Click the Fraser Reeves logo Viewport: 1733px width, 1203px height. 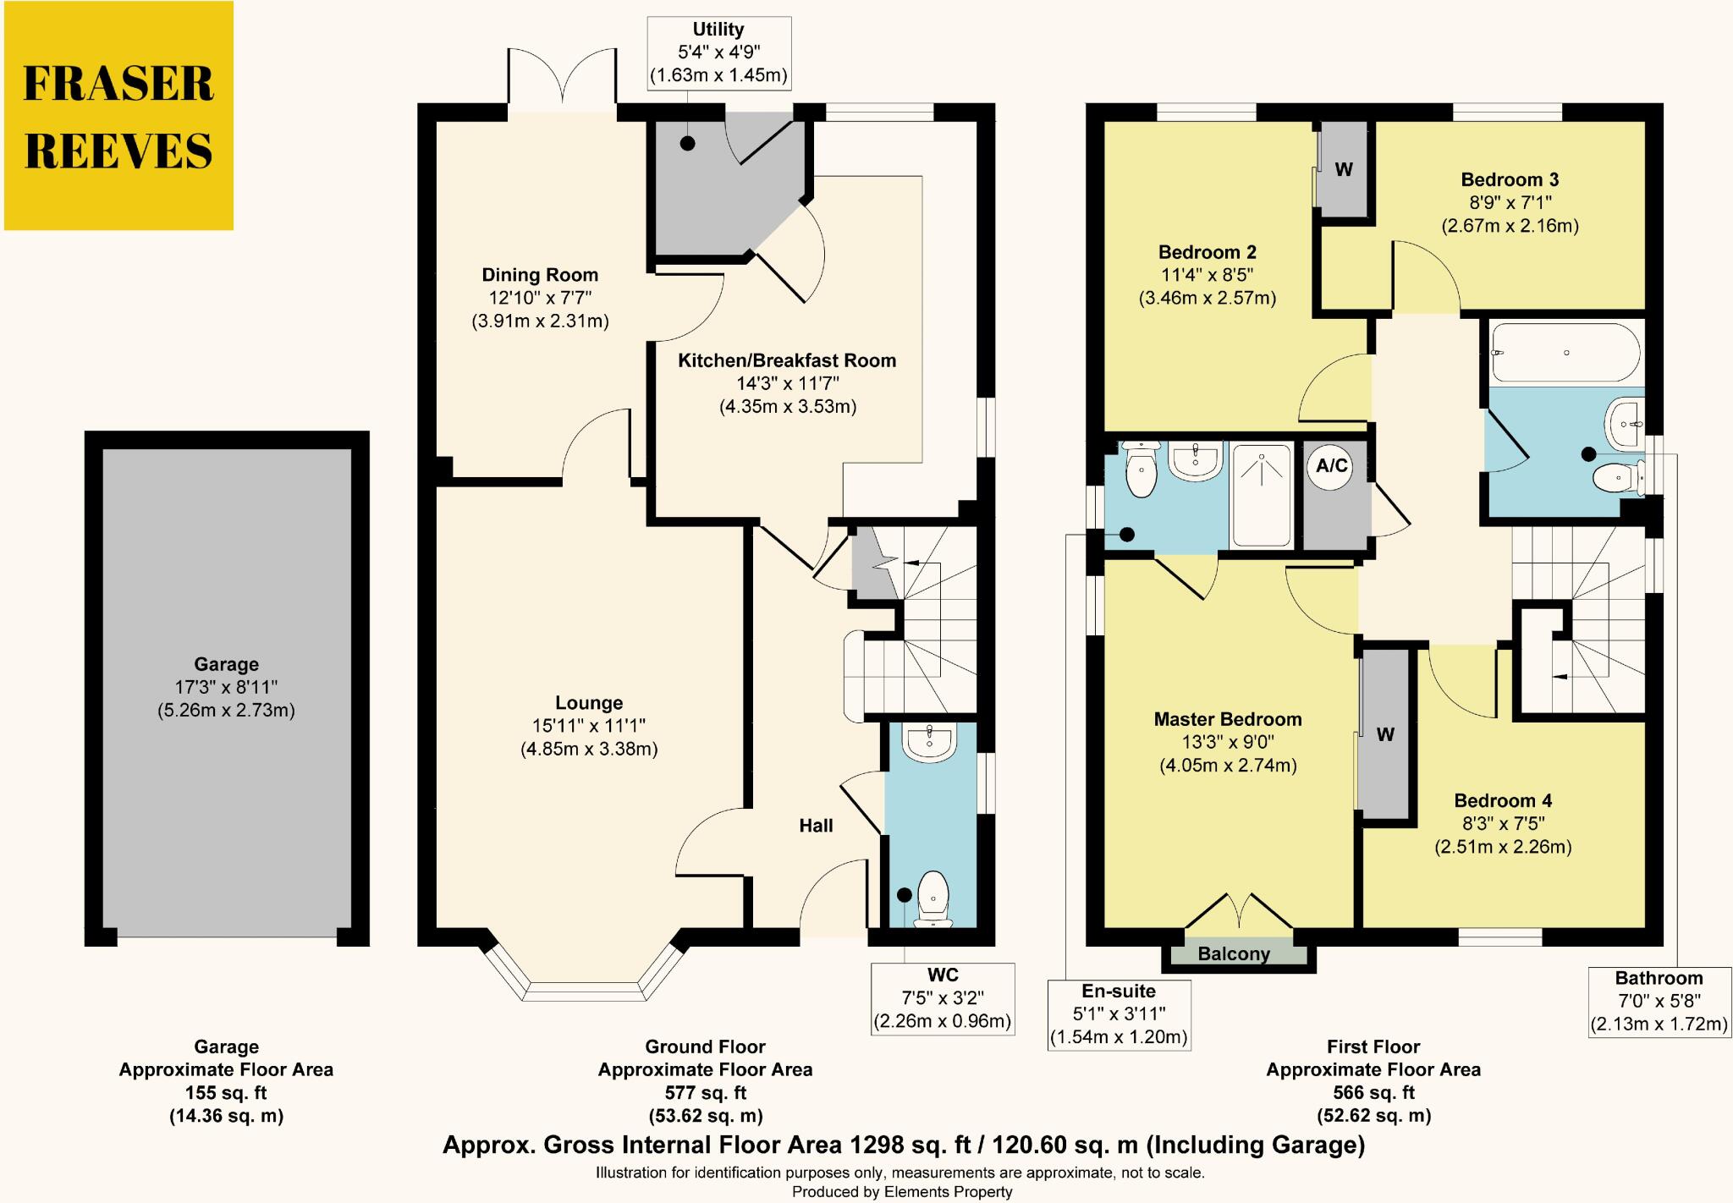(118, 116)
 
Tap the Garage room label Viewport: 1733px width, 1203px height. (226, 664)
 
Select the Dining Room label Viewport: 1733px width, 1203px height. (540, 275)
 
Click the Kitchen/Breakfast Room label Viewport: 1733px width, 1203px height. (787, 360)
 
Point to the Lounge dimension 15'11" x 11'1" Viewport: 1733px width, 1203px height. (589, 725)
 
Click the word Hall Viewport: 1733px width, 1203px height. (816, 826)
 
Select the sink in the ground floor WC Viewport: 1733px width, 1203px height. (929, 742)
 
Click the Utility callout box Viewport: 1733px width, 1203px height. (718, 52)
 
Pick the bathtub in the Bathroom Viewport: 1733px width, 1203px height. (1565, 352)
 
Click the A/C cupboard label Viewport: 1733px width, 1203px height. (1332, 465)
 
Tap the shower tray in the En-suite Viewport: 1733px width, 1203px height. (1261, 494)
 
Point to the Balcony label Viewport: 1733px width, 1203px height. (1234, 954)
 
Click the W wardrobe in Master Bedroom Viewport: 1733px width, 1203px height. (1384, 734)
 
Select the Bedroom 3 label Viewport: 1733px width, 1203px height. (1510, 179)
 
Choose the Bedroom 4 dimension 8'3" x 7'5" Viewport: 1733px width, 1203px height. (1503, 823)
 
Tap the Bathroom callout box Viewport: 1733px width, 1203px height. (1659, 1002)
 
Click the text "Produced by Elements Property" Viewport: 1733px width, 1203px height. (902, 1191)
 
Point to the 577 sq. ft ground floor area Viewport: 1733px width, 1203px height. (706, 1092)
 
